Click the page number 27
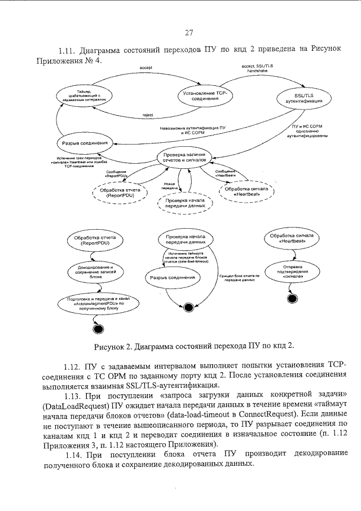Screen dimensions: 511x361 (x=188, y=32)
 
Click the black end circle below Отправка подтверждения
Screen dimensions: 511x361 (x=292, y=298)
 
